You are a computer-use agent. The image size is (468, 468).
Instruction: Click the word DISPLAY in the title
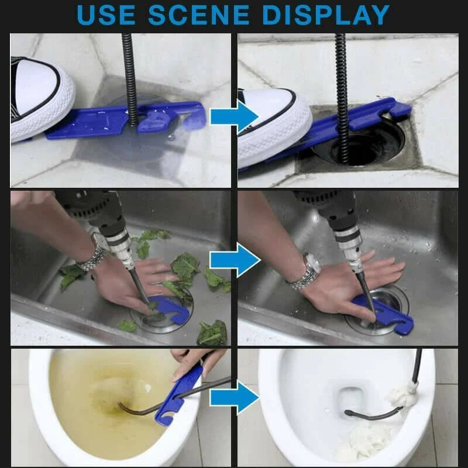coord(325,15)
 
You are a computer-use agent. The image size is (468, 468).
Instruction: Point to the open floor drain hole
coord(363,146)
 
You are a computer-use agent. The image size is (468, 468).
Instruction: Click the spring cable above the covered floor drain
coord(129,76)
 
